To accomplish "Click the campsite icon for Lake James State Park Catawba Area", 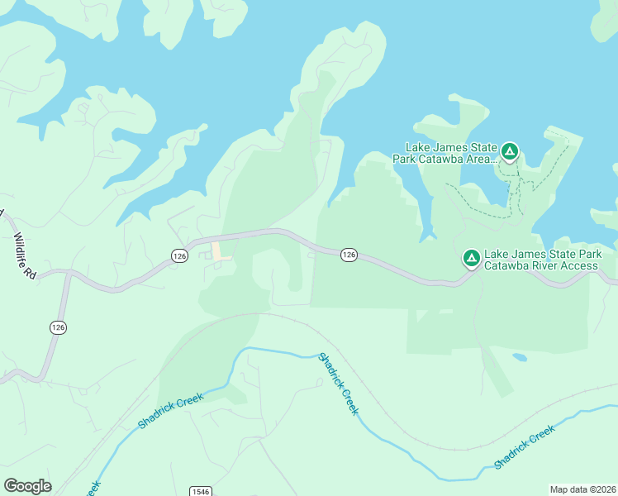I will point(510,152).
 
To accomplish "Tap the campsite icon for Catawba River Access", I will point(472,259).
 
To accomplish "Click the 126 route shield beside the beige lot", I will point(180,256).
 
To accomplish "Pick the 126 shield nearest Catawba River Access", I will point(349,255).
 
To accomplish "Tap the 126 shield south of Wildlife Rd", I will point(58,327).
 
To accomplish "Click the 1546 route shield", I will point(201,491).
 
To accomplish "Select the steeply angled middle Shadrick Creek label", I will point(339,384).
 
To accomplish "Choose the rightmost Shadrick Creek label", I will point(524,448).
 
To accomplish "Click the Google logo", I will point(27,486).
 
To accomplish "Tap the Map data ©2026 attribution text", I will point(583,489).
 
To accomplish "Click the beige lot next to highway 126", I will point(220,250).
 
